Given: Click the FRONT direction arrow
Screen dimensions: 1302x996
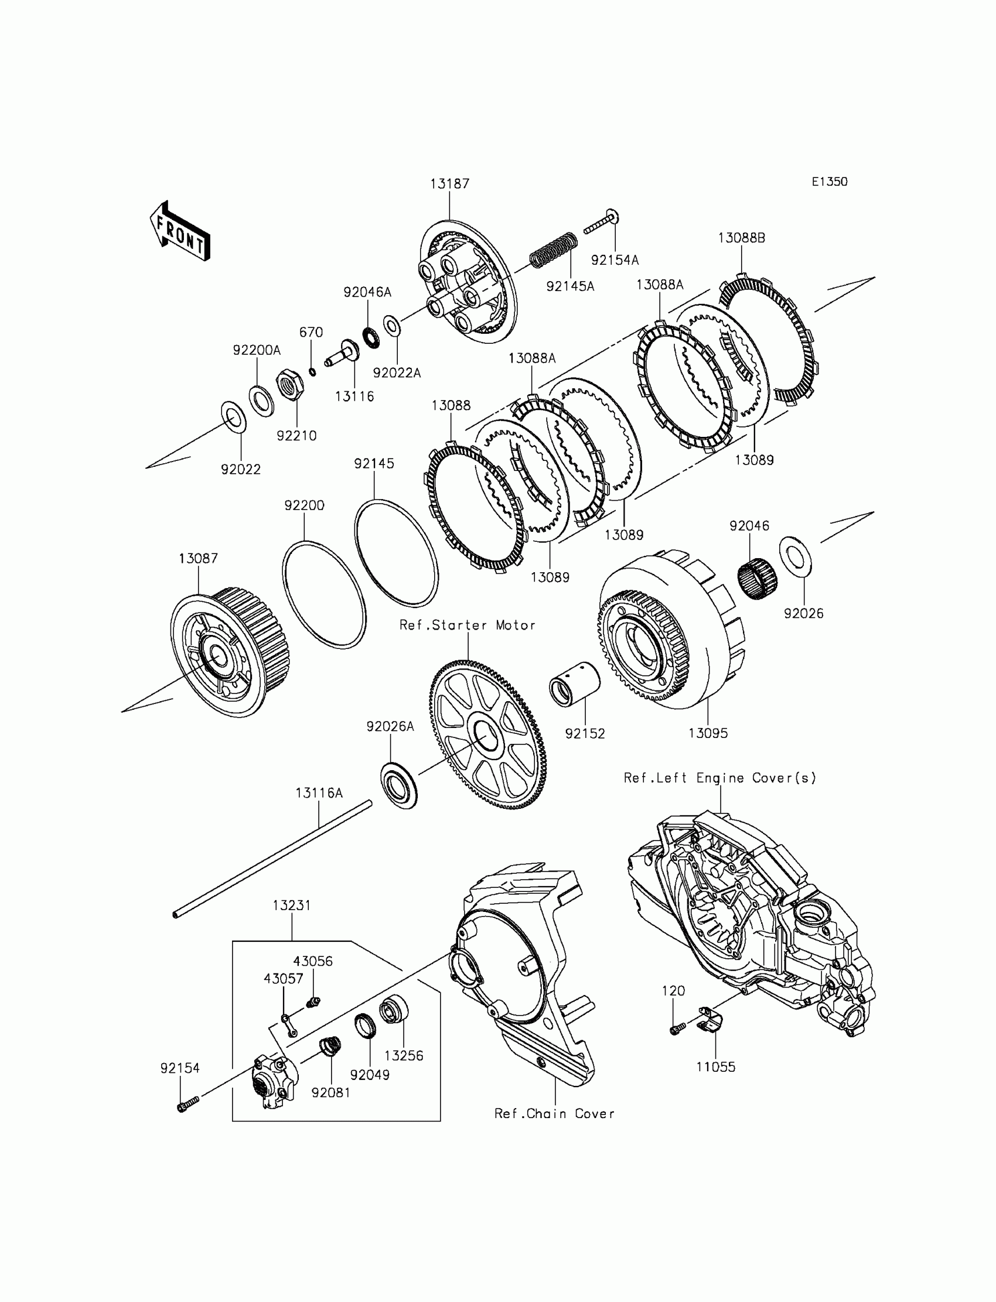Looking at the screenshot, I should pyautogui.click(x=180, y=232).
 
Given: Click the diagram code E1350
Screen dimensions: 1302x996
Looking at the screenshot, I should pyautogui.click(x=829, y=182).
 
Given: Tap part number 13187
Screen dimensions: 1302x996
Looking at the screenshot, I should pyautogui.click(x=449, y=184).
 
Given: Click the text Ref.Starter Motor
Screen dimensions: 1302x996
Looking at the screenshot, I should pyautogui.click(x=467, y=625).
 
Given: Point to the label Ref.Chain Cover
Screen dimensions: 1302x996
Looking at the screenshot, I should pyautogui.click(x=554, y=1113).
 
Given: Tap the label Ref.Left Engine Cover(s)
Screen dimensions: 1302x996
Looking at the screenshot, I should pyautogui.click(x=719, y=778).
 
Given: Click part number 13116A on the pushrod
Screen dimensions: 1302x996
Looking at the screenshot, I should pyautogui.click(x=319, y=793).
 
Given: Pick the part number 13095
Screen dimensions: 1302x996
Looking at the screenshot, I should pyautogui.click(x=708, y=733).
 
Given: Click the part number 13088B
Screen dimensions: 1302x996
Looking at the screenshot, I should pyautogui.click(x=741, y=238).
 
